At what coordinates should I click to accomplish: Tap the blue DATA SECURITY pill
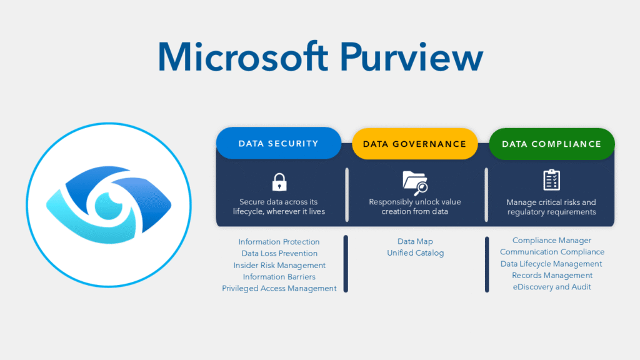click(x=278, y=144)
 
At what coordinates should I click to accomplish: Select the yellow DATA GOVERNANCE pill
click(x=414, y=144)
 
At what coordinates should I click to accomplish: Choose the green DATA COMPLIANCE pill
click(x=551, y=144)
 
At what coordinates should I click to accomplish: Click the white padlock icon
click(x=279, y=182)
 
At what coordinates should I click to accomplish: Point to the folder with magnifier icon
click(x=414, y=181)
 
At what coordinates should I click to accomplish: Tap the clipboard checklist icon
click(x=551, y=180)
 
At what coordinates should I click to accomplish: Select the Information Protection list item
click(x=279, y=242)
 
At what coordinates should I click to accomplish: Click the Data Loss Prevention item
click(x=279, y=254)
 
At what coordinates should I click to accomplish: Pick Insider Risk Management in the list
click(x=279, y=265)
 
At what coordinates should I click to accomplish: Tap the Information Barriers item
click(x=279, y=277)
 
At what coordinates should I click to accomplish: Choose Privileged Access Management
click(x=279, y=288)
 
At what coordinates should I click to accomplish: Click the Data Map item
click(x=415, y=241)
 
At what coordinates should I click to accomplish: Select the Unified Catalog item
click(x=415, y=253)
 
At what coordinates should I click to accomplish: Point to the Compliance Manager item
click(x=552, y=241)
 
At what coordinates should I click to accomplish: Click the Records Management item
click(x=552, y=275)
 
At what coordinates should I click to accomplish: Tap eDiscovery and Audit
click(x=552, y=287)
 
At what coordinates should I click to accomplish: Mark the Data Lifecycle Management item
click(x=552, y=264)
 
